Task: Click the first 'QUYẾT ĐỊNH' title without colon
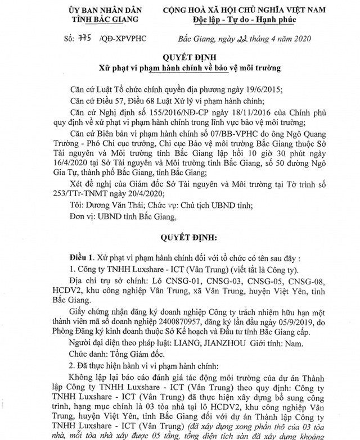181,58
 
